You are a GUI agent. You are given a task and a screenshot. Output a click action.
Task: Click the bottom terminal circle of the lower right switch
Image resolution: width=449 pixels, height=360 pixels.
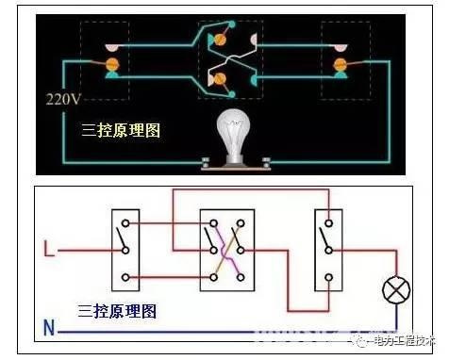[328, 276]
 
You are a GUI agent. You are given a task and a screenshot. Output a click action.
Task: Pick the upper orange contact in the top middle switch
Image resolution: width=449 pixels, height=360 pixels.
[222, 39]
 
